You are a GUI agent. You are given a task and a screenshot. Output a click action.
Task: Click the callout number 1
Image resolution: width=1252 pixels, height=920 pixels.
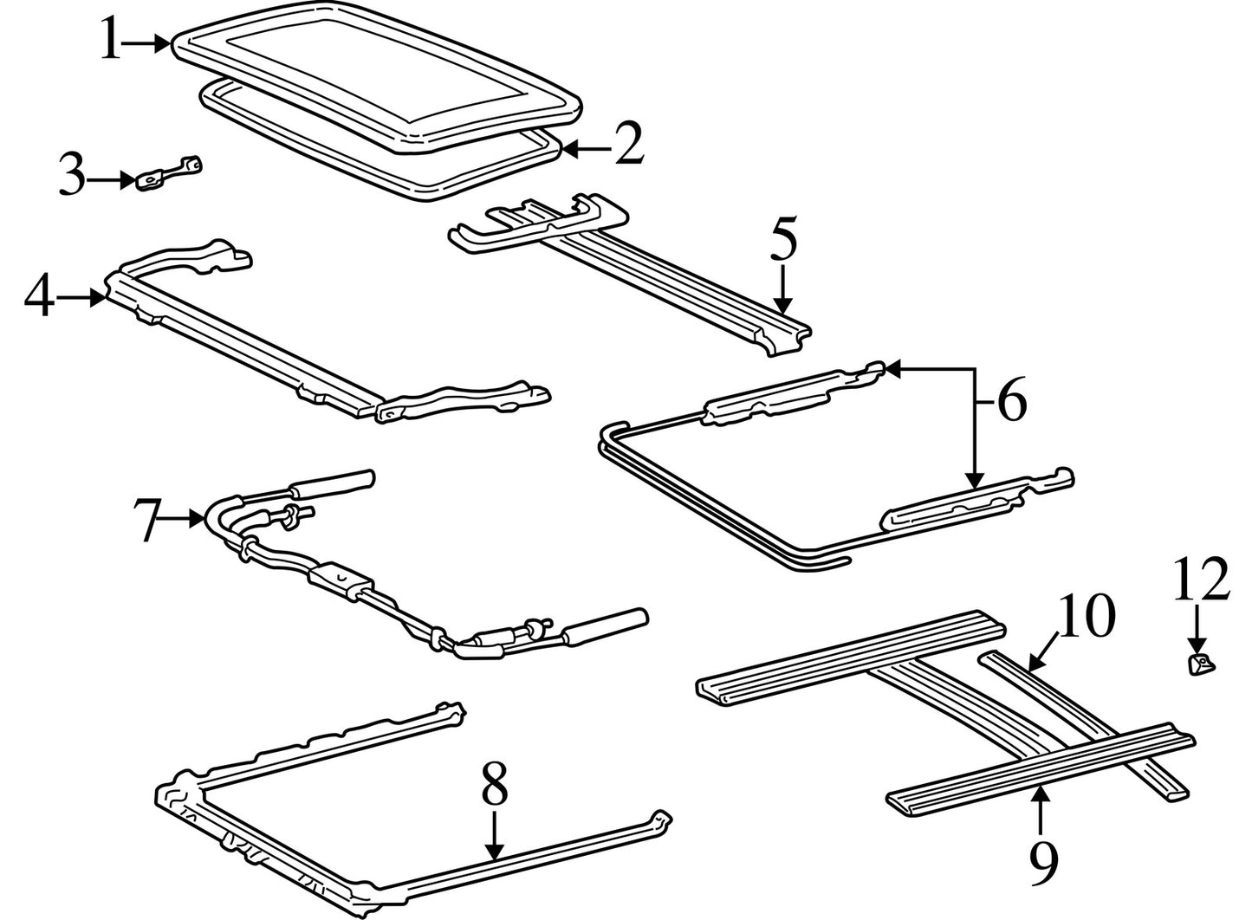[111, 39]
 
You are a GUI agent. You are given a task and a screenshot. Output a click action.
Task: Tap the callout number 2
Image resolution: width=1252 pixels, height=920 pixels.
[629, 143]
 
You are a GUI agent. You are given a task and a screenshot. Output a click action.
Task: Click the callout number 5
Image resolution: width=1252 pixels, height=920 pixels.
[783, 239]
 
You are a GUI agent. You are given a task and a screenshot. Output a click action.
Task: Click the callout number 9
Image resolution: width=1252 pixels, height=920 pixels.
[1043, 864]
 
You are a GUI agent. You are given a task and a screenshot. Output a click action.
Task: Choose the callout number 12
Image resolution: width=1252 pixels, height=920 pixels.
[1202, 579]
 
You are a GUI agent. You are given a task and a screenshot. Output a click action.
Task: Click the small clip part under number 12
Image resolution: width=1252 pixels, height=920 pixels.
[1200, 664]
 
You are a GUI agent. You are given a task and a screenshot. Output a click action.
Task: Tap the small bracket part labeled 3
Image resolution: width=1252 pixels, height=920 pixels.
[169, 173]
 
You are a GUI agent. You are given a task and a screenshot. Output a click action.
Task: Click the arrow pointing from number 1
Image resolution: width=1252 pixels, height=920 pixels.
[146, 43]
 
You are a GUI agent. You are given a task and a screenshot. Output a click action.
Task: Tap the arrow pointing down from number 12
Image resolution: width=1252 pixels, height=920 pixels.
[1197, 628]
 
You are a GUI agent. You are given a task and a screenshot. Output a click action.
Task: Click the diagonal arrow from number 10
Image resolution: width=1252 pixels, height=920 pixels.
[1043, 651]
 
